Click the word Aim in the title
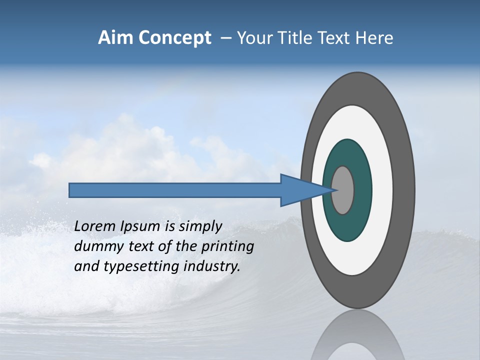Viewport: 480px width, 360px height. [x=115, y=38]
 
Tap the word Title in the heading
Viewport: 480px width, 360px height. [x=291, y=38]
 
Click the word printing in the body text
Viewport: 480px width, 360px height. [x=227, y=246]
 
